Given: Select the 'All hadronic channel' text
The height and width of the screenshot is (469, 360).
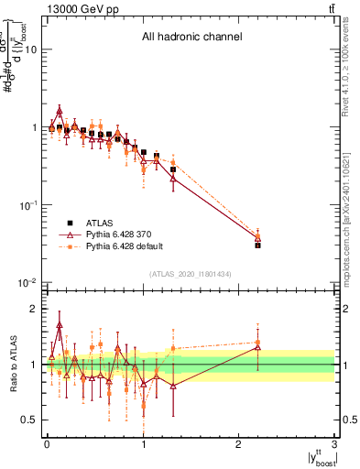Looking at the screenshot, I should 191,38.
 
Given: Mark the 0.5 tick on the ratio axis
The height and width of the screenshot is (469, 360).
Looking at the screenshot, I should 30,420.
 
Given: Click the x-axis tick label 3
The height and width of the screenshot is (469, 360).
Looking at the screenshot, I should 334,443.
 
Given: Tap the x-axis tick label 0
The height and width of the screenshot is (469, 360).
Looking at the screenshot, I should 46,443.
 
